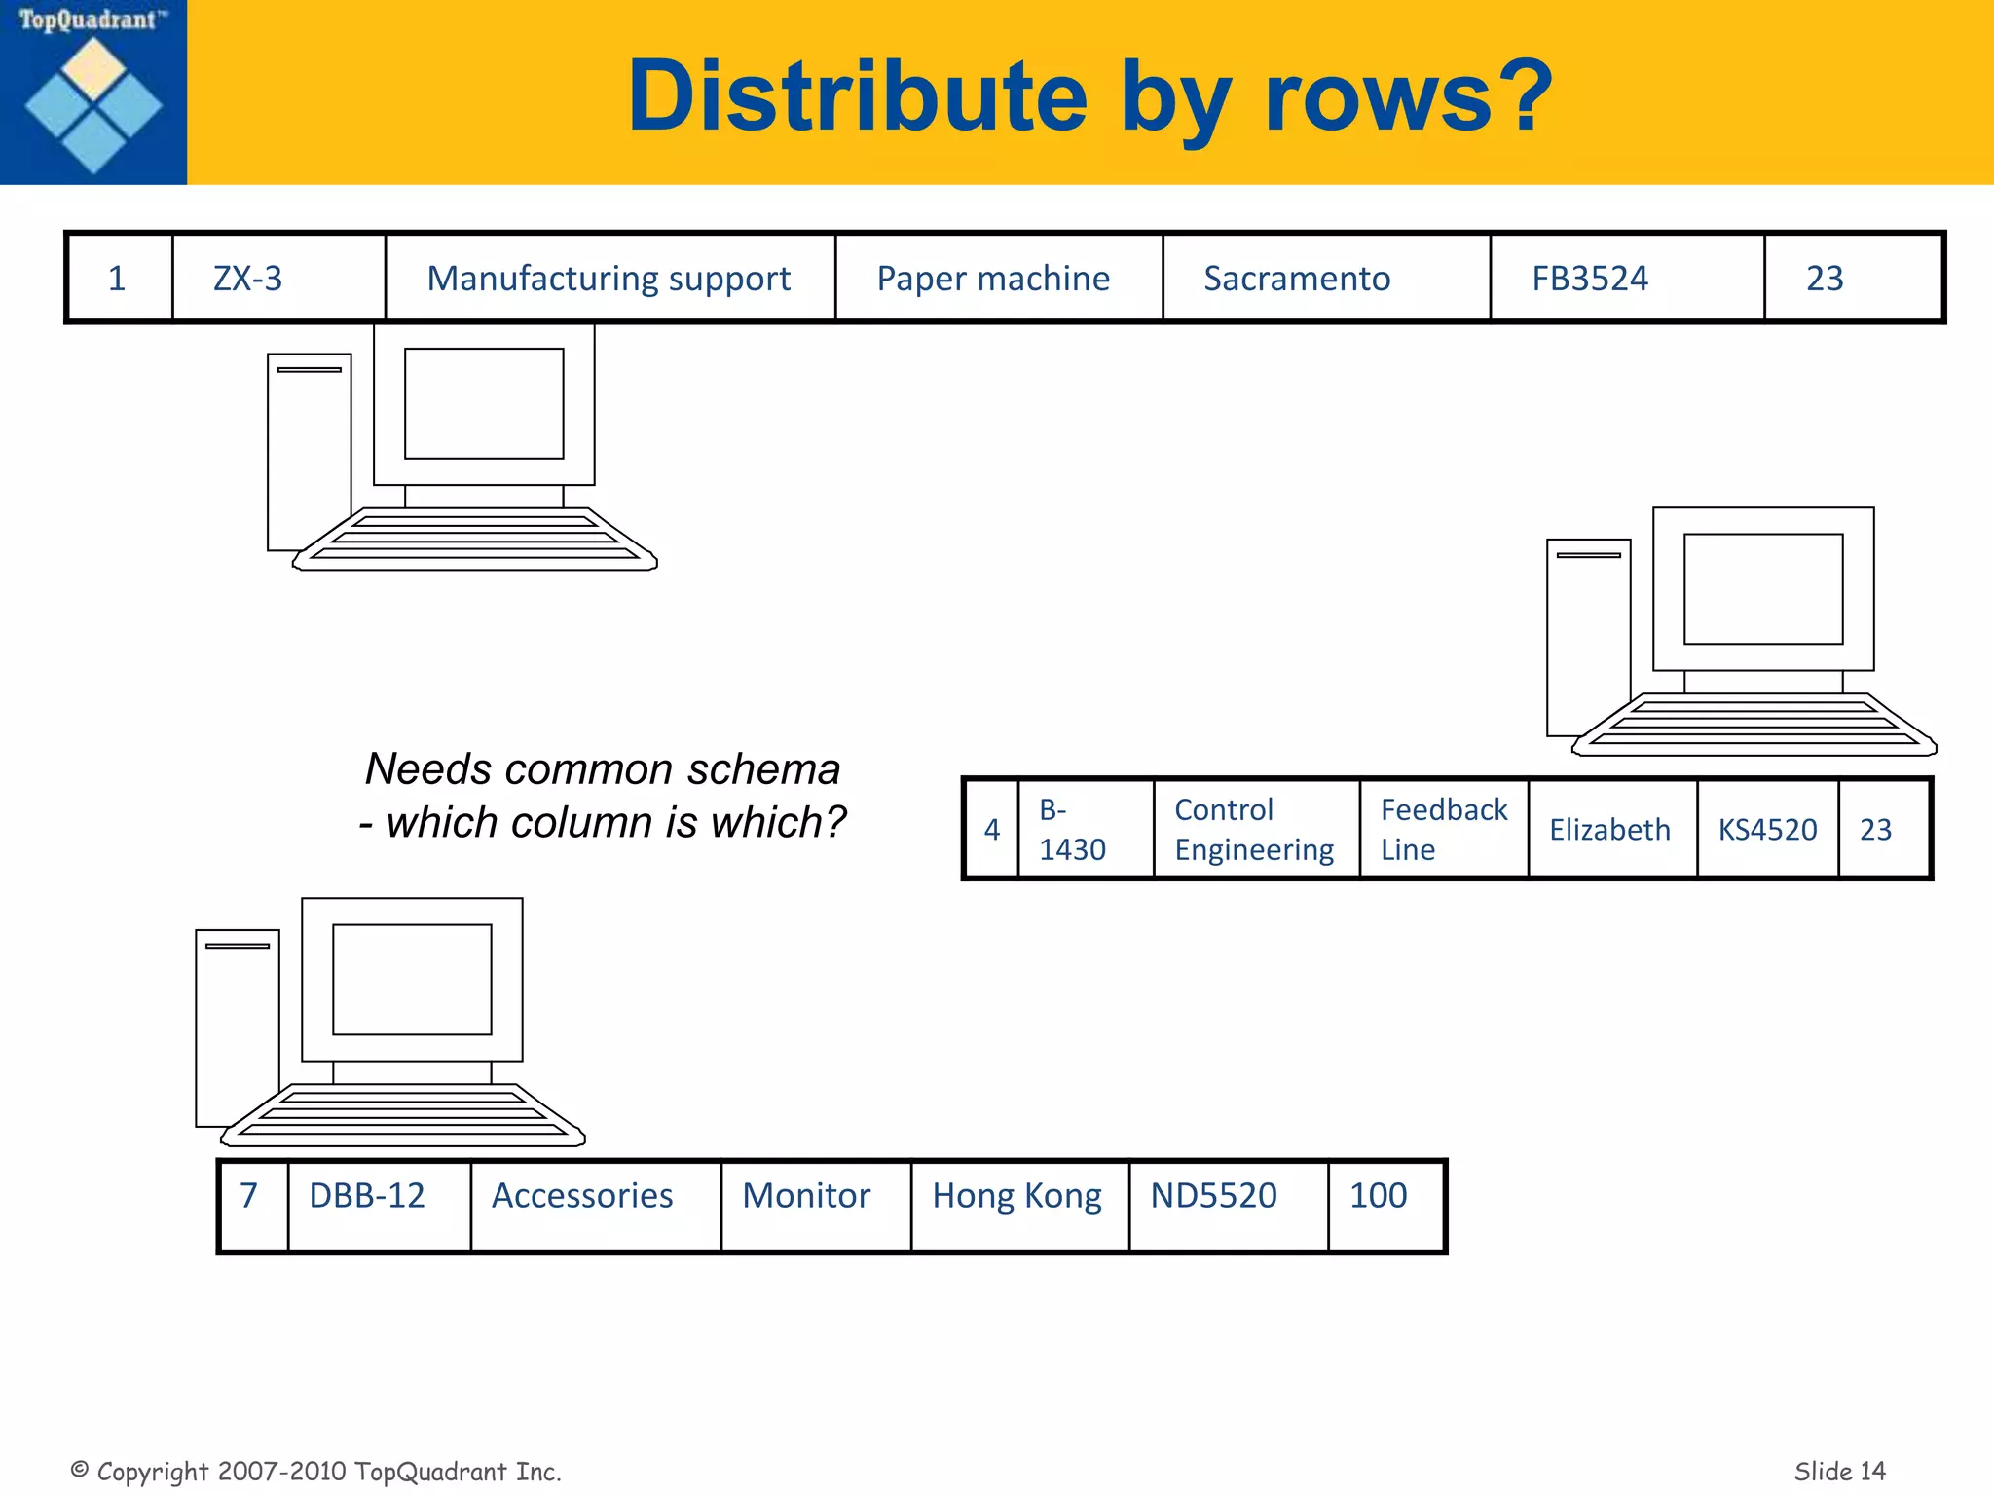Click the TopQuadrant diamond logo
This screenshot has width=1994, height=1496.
(93, 105)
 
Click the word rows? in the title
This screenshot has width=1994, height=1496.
(1408, 97)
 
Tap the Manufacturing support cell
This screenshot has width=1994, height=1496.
(609, 279)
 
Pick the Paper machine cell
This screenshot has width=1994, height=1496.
(993, 279)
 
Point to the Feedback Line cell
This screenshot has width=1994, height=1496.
(1443, 830)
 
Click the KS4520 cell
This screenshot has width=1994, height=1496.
(1767, 830)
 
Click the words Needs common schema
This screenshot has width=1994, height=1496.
(603, 769)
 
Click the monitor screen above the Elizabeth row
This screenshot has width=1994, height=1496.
(1763, 589)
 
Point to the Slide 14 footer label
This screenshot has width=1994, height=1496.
(1839, 1471)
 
